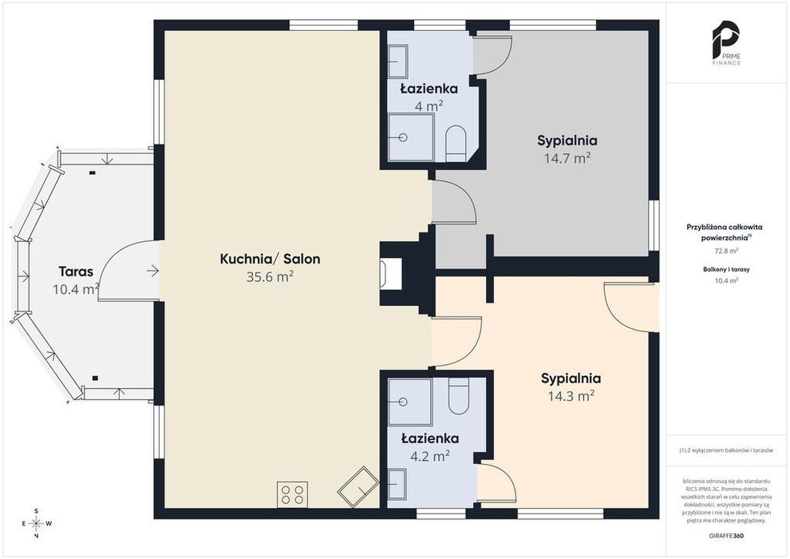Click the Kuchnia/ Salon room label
pos(270,259)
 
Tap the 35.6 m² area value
pos(270,277)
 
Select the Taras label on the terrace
pos(76,272)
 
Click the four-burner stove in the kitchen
pos(292,494)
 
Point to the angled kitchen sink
pos(358,486)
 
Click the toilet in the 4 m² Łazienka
pos(456,143)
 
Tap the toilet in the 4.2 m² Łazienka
pos(459,396)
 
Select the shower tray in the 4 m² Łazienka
pos(411,137)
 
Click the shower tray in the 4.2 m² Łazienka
pos(410,402)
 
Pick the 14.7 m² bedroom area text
pos(567,159)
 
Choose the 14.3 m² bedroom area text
pos(571,396)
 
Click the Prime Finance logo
pos(726,43)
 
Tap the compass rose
pos(37,524)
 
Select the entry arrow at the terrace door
pos(152,272)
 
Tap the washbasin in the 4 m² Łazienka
pos(397,61)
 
